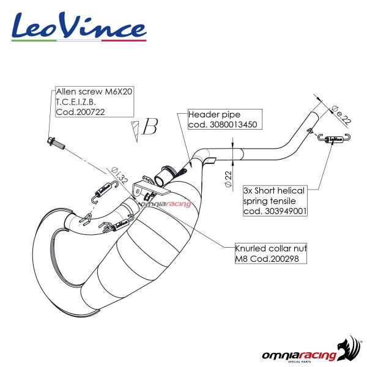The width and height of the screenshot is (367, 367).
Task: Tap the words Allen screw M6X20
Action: (x=94, y=91)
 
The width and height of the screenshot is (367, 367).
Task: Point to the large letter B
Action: (x=149, y=127)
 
